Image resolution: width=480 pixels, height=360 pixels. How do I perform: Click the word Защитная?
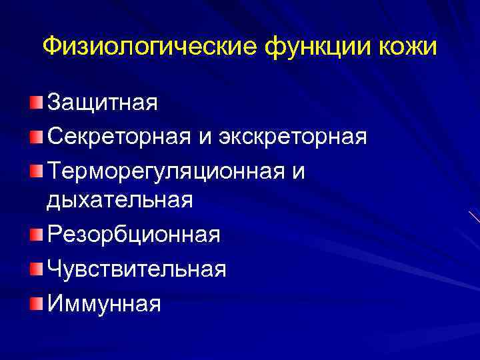pyautogui.click(x=102, y=103)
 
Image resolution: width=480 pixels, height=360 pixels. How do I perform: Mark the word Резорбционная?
pyautogui.click(x=133, y=235)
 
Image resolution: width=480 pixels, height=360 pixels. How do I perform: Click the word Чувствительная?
pyautogui.click(x=137, y=269)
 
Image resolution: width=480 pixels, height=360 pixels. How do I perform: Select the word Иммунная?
pyautogui.click(x=104, y=303)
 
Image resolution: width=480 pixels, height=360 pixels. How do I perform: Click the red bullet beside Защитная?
pyautogui.click(x=35, y=101)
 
